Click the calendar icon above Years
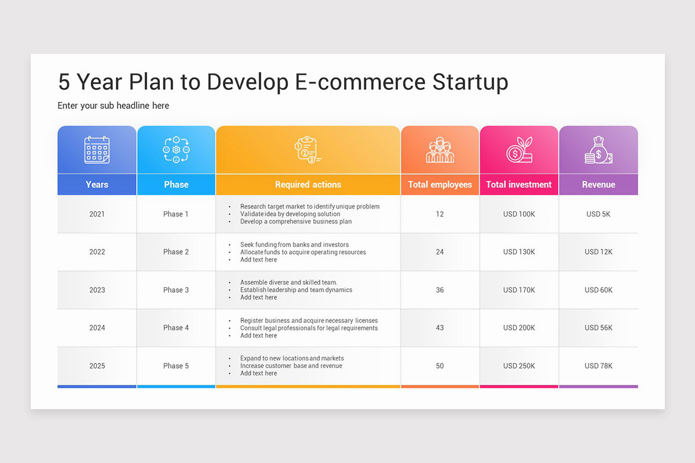[97, 149]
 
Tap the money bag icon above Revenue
[598, 150]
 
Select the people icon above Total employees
[440, 150]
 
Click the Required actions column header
[308, 185]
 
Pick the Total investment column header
[518, 185]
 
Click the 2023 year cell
[97, 290]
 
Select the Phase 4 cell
[176, 328]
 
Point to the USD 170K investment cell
[519, 290]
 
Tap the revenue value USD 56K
[598, 328]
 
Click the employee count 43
[440, 328]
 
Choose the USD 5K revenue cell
[598, 214]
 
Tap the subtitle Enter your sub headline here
[114, 105]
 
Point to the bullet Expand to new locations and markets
[292, 358]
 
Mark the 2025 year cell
[97, 366]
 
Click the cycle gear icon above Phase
[176, 150]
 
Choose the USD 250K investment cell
[519, 366]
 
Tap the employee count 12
[440, 214]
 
